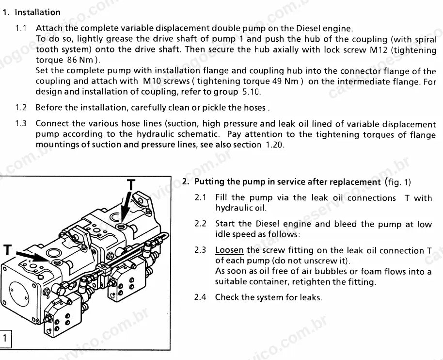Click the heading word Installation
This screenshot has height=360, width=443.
pos(38,13)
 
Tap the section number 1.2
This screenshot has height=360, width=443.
pos(21,107)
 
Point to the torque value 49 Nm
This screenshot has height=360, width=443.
pos(285,81)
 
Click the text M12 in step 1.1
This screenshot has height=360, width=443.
pos(379,50)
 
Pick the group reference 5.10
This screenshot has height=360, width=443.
pos(252,92)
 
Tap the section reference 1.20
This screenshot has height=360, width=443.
pos(275,145)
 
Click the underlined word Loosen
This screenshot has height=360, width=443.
pos(229,250)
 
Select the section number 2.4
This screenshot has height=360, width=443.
pos(200,297)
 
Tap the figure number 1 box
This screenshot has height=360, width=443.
pos(5,338)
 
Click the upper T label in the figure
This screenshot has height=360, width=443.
pos(131,185)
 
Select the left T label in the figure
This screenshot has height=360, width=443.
pos(7,250)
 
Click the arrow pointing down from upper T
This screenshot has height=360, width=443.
pos(126,206)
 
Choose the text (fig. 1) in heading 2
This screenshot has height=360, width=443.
pos(398,182)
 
